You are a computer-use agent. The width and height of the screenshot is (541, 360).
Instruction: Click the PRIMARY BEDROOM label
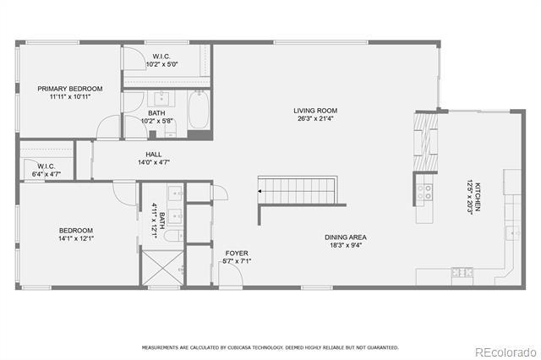coord(69,89)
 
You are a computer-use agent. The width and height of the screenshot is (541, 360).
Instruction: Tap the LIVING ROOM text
coord(315,111)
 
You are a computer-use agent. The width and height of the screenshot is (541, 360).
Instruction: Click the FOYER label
coord(236,253)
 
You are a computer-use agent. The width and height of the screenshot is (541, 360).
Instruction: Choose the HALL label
coord(153,155)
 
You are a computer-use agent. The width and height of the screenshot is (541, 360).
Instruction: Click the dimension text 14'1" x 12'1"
coord(75,239)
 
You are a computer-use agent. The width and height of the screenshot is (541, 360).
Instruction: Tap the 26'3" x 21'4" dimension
coord(315,119)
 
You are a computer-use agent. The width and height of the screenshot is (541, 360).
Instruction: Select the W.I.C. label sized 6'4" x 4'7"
coord(46,166)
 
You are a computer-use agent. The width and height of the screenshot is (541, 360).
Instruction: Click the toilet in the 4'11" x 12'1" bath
coord(174,237)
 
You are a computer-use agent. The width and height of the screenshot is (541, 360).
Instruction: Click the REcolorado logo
coord(504,352)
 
